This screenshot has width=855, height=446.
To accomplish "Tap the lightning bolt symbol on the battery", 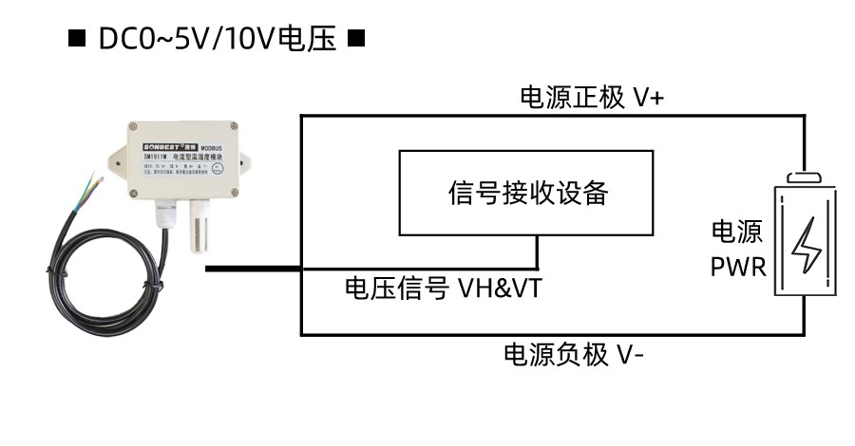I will pos(806,245).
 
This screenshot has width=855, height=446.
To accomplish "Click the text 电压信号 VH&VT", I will pos(443,288).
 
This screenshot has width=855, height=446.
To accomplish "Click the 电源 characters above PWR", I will pos(738,233).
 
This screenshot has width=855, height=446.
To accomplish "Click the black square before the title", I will pos(77,40).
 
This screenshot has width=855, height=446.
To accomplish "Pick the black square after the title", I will pos(356,40).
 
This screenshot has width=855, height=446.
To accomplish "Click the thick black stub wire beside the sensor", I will pos(253,269).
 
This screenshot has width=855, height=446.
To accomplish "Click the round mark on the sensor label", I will pos(217,169).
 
